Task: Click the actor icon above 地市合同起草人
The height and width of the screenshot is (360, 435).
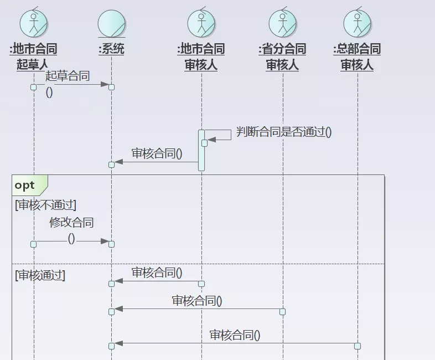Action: pos(34,23)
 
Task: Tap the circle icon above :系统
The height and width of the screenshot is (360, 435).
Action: pos(111,23)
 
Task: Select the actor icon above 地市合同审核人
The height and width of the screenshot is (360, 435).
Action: pos(201,23)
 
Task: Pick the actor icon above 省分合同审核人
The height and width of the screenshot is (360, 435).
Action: pos(283,23)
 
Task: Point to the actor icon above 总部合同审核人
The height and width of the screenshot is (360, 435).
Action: pos(357,23)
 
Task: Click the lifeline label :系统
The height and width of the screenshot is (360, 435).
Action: pos(111,49)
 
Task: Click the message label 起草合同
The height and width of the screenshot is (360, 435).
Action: pos(68,76)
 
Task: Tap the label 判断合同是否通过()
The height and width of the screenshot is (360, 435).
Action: pos(284,132)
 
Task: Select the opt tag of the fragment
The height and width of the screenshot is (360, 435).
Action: pos(25,185)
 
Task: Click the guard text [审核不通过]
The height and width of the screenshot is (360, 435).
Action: pos(45,205)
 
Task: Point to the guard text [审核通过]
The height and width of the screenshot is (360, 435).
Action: pos(40,275)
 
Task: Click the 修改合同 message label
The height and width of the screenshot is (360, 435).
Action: pos(71,223)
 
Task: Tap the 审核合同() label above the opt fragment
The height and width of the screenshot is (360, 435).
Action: pos(157,153)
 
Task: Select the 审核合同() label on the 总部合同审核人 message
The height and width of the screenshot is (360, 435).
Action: pos(235,335)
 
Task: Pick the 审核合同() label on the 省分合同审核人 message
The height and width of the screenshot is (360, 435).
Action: pos(197,301)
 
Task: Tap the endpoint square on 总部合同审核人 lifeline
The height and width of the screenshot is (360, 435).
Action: pos(358,346)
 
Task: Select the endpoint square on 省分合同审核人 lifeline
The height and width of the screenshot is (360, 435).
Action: pos(283,312)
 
